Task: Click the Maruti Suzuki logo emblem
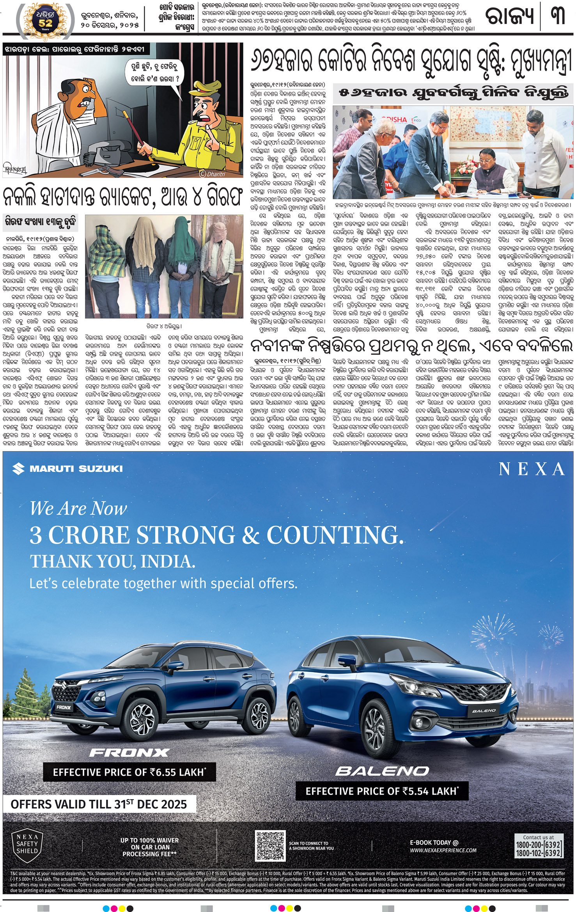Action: (x=18, y=469)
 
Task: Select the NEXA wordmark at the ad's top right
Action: (x=532, y=469)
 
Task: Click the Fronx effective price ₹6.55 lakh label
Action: (x=129, y=772)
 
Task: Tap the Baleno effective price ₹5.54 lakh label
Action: (x=382, y=791)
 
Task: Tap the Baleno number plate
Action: (x=484, y=711)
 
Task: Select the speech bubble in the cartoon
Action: (x=155, y=73)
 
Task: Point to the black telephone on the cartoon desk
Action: (x=103, y=153)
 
